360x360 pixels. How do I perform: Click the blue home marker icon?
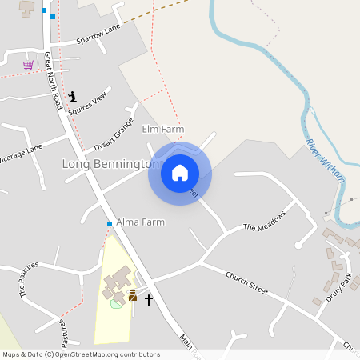[180, 172]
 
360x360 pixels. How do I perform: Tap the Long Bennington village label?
[110, 164]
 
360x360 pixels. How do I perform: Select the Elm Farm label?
[163, 129]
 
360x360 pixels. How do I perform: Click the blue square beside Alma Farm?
[110, 224]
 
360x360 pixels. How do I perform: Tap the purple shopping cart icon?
[29, 65]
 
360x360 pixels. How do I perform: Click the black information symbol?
[73, 97]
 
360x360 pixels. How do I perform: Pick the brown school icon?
[133, 297]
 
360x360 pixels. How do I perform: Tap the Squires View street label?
[87, 104]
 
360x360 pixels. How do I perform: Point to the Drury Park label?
[338, 290]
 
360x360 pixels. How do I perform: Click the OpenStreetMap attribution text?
[80, 354]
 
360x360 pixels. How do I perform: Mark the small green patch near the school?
[116, 302]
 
